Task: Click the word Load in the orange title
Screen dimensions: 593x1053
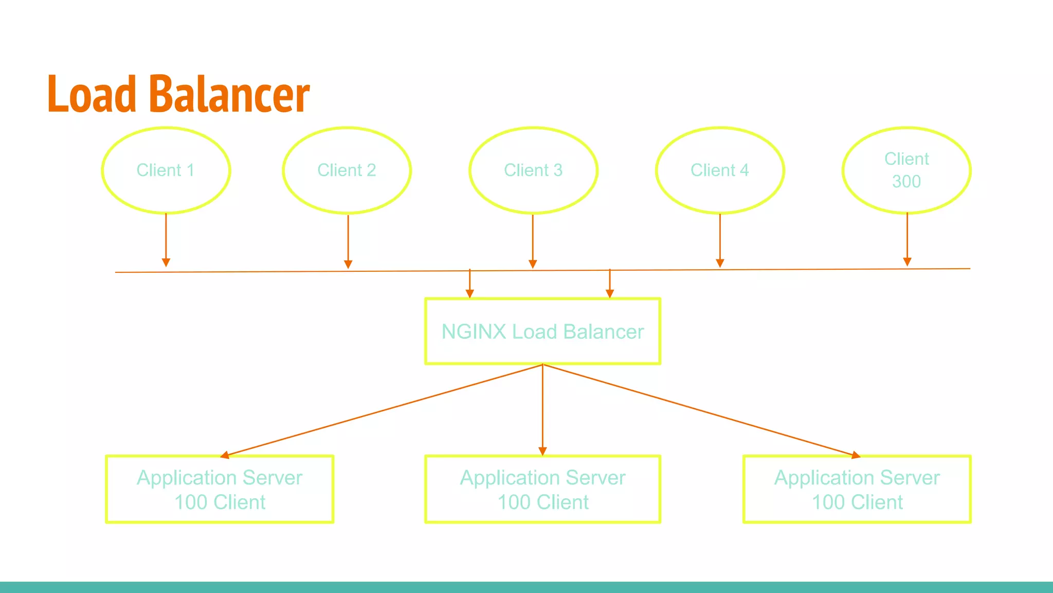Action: (92, 94)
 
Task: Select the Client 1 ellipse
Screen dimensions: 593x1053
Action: (166, 170)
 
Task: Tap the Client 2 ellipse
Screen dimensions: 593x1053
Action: (347, 170)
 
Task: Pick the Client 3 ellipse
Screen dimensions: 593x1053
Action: (533, 170)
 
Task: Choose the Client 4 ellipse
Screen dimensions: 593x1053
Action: (720, 170)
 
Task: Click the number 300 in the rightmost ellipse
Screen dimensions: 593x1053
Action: (906, 182)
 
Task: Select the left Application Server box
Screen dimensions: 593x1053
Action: (220, 490)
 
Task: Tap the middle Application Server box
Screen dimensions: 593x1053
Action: (542, 490)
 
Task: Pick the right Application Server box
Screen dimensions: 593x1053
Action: (857, 490)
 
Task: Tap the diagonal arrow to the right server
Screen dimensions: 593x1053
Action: (699, 410)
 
